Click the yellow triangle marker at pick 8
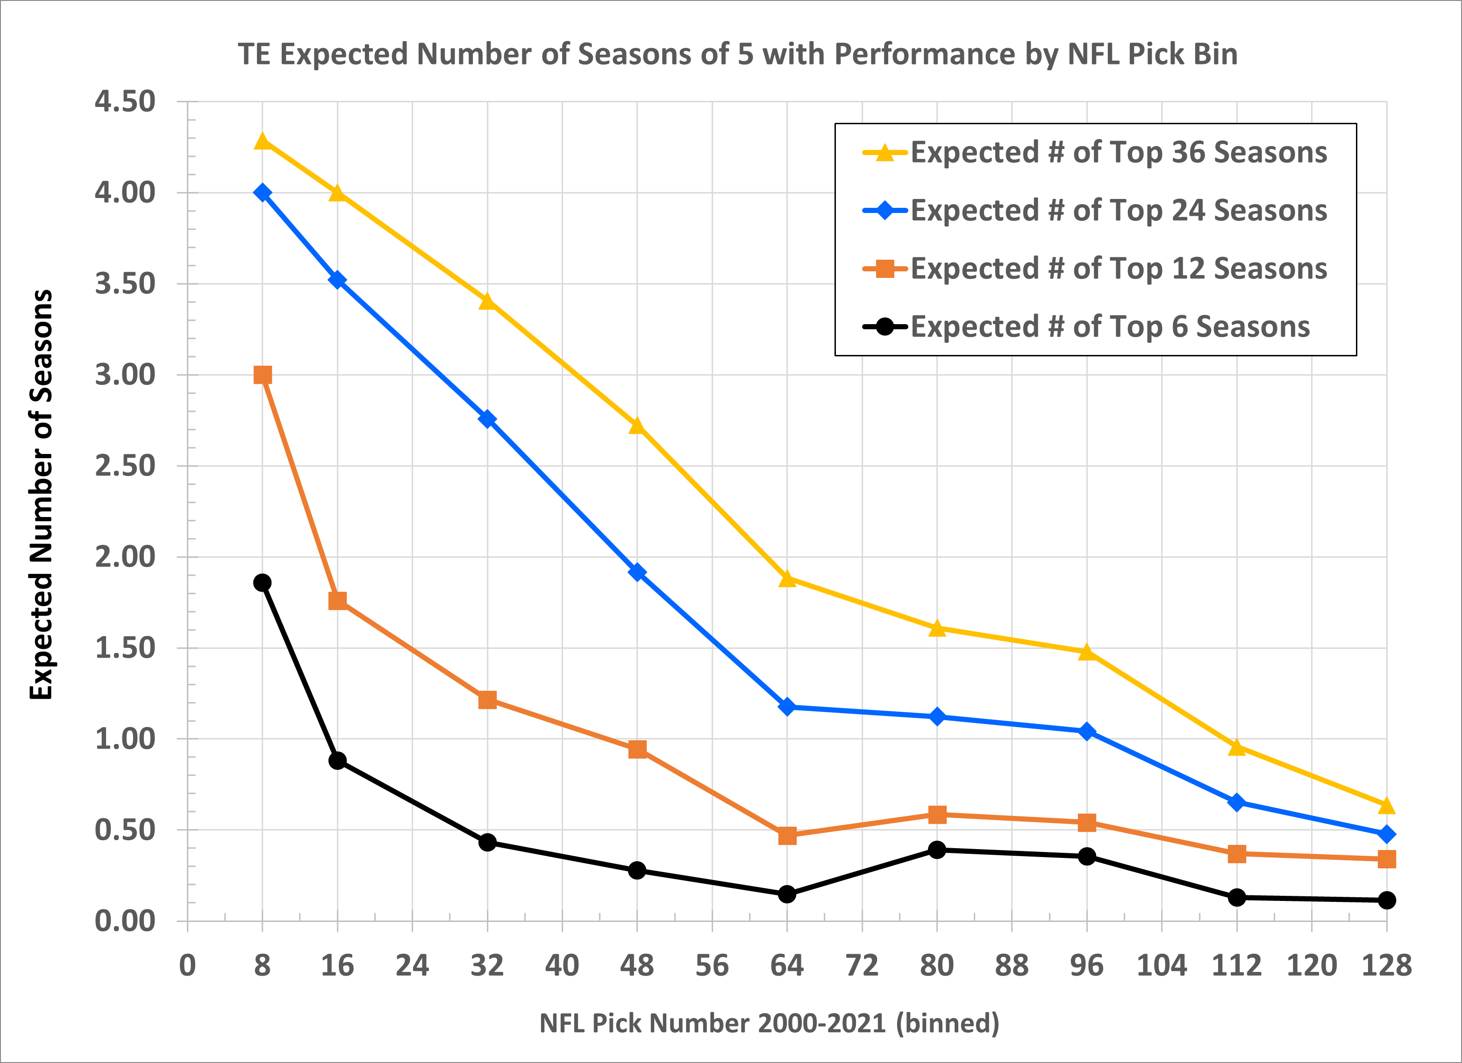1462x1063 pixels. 263,141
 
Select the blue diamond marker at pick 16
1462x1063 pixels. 337,280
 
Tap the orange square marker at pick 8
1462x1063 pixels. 263,375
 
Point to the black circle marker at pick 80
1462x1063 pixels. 937,850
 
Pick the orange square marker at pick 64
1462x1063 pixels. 787,836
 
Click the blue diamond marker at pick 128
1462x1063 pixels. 1387,834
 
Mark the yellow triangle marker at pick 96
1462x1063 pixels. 1087,652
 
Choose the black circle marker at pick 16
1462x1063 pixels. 337,761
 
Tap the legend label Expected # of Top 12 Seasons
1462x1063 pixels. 1119,268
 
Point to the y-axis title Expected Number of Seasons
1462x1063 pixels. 41,495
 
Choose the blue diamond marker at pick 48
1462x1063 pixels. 637,572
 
